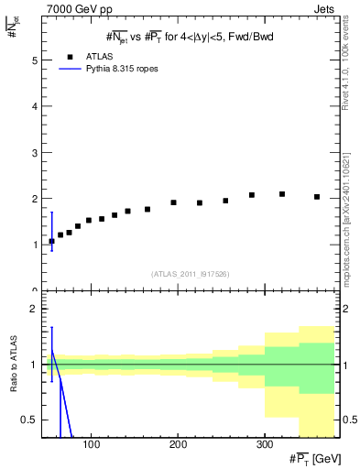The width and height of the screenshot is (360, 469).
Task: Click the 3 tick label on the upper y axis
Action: (x=34, y=152)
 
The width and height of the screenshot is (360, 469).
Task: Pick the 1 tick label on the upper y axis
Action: (x=34, y=245)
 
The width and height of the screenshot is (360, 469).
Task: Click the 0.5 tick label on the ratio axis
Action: (x=29, y=420)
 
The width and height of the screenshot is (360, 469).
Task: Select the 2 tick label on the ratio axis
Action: (x=34, y=309)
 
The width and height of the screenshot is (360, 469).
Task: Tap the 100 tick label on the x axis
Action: (x=91, y=445)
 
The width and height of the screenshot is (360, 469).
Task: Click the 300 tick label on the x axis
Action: (x=264, y=445)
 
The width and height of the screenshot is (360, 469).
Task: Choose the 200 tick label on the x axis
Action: (x=177, y=445)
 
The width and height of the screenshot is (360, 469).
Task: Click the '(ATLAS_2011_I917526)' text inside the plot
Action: (x=189, y=273)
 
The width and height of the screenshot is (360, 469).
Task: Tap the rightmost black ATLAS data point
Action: (x=317, y=197)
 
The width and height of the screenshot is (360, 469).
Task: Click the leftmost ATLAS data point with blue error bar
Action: (x=51, y=241)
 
